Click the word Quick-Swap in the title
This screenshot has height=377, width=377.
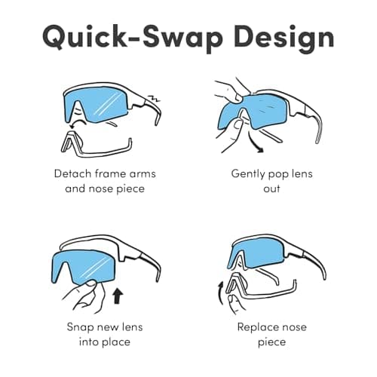click(x=133, y=37)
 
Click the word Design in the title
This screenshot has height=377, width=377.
click(x=284, y=38)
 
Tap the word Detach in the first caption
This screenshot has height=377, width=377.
click(x=72, y=173)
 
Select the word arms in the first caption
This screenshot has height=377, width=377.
click(x=143, y=174)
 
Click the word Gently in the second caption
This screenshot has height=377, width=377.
click(x=247, y=174)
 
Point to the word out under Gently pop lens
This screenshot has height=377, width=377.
click(x=271, y=188)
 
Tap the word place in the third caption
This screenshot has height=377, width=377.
click(x=116, y=342)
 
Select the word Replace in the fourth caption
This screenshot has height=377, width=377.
click(x=256, y=327)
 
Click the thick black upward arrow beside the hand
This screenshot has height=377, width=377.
click(x=117, y=296)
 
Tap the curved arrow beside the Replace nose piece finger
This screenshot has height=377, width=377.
click(x=220, y=293)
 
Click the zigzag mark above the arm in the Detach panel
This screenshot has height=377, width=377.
click(x=154, y=98)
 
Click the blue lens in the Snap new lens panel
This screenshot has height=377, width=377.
click(x=83, y=266)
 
